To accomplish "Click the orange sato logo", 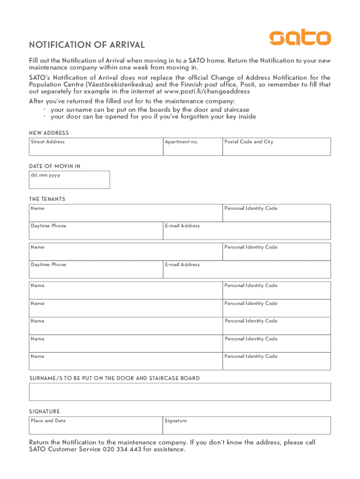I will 300,38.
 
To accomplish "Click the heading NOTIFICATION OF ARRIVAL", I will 87,45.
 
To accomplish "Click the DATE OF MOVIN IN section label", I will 55,167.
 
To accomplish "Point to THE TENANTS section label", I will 47,199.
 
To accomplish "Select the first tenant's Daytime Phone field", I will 96,231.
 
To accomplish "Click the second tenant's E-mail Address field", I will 247,270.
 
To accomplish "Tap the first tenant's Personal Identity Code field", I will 276,213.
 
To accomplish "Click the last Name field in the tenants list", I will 125,362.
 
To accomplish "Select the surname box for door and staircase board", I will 180,392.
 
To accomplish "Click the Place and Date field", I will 96,426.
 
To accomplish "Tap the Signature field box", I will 247,426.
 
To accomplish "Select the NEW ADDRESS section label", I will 49,133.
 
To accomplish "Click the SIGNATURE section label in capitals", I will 44,412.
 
